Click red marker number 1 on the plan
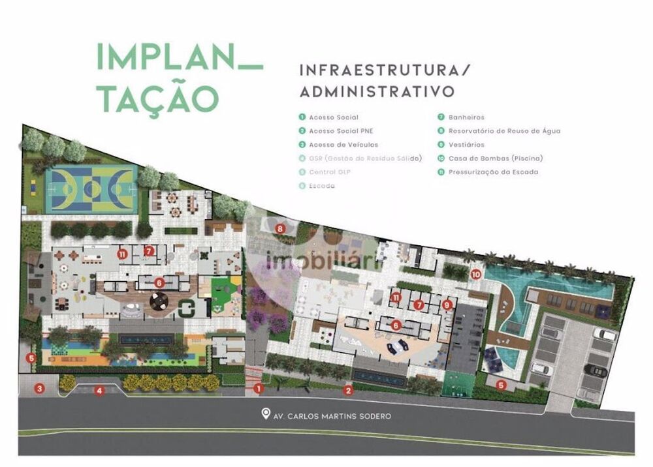click(259, 389)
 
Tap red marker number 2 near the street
click(349, 391)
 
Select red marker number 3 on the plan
click(40, 389)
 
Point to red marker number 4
click(99, 391)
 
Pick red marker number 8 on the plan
click(279, 228)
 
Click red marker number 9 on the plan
click(447, 304)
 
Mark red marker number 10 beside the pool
click(477, 275)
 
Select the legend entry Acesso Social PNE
click(334, 131)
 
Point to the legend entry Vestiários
click(466, 145)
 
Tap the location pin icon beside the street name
click(266, 414)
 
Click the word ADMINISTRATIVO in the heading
click(377, 91)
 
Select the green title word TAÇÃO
click(157, 96)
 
